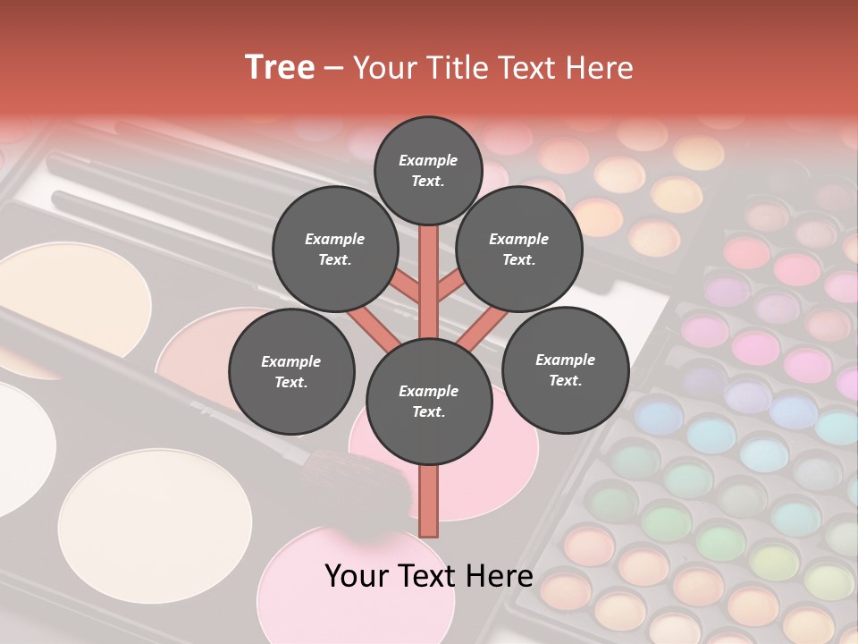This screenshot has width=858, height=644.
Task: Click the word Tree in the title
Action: coord(280,68)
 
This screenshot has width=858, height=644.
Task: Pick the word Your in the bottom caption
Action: coord(357,576)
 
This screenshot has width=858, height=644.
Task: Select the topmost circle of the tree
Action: coord(428,170)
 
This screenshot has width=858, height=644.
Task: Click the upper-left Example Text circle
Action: coord(335,250)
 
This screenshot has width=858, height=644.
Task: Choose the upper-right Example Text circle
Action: coord(518,250)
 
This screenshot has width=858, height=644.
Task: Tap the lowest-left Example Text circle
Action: coord(291,372)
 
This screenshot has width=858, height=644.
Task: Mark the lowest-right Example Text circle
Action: coord(565,369)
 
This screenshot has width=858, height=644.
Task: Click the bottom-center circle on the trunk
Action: coord(428,402)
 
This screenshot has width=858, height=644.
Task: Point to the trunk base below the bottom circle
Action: coord(429,501)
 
